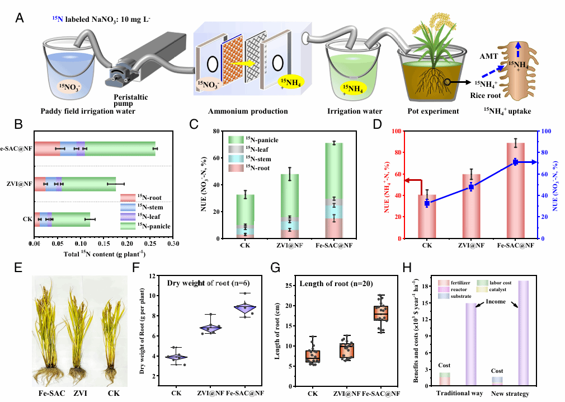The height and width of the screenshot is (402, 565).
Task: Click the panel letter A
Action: coord(20,18)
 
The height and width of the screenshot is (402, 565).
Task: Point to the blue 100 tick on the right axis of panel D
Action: coord(545,132)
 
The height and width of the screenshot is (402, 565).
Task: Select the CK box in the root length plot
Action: coord(313,356)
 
